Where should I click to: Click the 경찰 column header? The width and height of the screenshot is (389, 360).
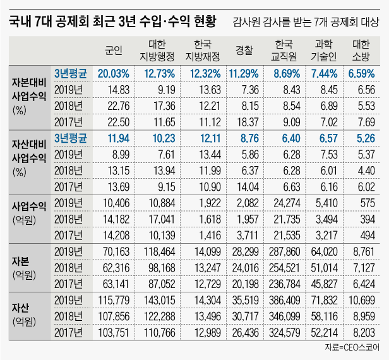point(244,50)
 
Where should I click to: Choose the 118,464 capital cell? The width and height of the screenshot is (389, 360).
point(159,251)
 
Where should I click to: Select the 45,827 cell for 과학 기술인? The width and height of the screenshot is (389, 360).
point(323,282)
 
